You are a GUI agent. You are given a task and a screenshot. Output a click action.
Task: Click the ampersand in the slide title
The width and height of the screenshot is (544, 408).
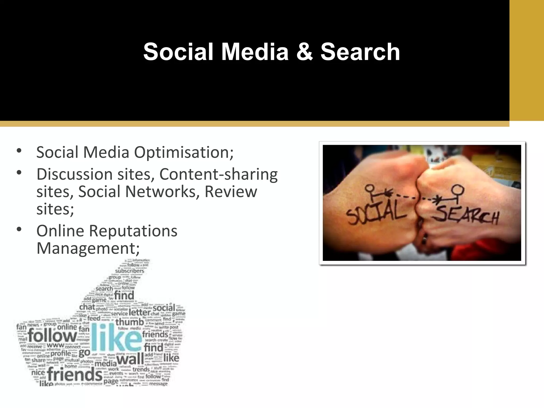[x=305, y=52]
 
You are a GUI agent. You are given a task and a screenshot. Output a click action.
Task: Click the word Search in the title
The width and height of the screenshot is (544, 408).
[x=360, y=52]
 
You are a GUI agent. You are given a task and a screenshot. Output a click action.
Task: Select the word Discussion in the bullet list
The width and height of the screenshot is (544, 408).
[x=74, y=174]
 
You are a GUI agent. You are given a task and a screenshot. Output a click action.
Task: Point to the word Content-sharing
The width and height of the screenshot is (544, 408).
[x=218, y=175]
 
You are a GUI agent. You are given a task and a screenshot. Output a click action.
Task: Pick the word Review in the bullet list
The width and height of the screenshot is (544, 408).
[x=231, y=192]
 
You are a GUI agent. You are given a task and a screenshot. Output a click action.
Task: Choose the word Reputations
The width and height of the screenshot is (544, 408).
[x=133, y=231]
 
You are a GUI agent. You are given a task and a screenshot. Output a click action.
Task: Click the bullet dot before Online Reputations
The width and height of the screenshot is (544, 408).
[x=19, y=229]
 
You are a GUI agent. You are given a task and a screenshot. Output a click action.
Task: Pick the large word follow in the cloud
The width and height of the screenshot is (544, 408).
[x=52, y=335]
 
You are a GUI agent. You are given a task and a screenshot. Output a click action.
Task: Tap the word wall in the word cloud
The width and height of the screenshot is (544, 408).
[x=130, y=359]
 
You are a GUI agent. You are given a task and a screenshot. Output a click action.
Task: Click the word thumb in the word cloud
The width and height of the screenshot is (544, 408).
[x=129, y=322]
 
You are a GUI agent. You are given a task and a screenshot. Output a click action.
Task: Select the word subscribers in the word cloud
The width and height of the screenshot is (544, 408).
[x=130, y=271]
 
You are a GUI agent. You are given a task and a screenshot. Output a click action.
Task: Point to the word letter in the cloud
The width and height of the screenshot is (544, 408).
[x=140, y=312]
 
